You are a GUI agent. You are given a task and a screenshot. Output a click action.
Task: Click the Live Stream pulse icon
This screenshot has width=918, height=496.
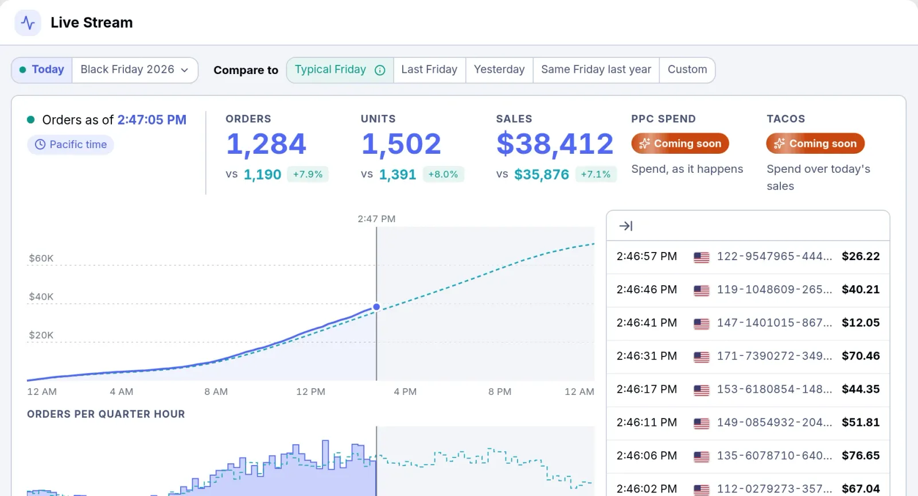(28, 22)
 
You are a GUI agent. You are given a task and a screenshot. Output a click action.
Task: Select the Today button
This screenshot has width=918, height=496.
(42, 69)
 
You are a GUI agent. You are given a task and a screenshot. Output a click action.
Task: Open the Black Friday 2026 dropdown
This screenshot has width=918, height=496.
(135, 69)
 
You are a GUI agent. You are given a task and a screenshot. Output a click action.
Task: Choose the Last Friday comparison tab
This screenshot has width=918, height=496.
(429, 69)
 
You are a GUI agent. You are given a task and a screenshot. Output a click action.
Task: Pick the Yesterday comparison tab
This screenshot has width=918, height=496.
(499, 69)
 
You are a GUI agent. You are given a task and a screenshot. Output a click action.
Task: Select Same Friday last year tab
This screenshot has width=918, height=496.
(596, 69)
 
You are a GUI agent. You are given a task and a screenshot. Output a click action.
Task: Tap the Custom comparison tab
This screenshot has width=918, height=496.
(687, 69)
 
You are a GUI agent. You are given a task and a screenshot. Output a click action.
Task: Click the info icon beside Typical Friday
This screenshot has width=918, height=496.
(380, 70)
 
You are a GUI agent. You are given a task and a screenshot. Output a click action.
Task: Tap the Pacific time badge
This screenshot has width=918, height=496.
(71, 144)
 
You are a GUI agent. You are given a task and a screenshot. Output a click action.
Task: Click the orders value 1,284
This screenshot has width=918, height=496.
(266, 144)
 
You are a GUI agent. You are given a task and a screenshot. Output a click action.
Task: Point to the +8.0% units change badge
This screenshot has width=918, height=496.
(443, 174)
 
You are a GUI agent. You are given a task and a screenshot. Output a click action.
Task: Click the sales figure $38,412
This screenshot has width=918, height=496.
(555, 144)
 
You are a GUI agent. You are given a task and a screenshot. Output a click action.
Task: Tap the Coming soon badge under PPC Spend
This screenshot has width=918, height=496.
(680, 144)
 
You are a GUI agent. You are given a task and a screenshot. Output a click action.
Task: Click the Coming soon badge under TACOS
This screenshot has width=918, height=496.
(815, 144)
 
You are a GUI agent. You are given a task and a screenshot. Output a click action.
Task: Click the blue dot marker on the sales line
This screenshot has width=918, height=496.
(376, 307)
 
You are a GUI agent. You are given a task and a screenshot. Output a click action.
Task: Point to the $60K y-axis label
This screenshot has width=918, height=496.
(41, 258)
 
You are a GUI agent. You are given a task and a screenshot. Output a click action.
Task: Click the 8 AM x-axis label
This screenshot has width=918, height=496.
(216, 392)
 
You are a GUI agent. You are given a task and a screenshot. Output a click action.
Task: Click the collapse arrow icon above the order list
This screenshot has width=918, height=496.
(626, 226)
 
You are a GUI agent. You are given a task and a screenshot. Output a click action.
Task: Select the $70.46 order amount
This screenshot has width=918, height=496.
(861, 356)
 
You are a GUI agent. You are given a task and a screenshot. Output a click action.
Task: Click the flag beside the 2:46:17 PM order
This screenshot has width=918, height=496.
(701, 390)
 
